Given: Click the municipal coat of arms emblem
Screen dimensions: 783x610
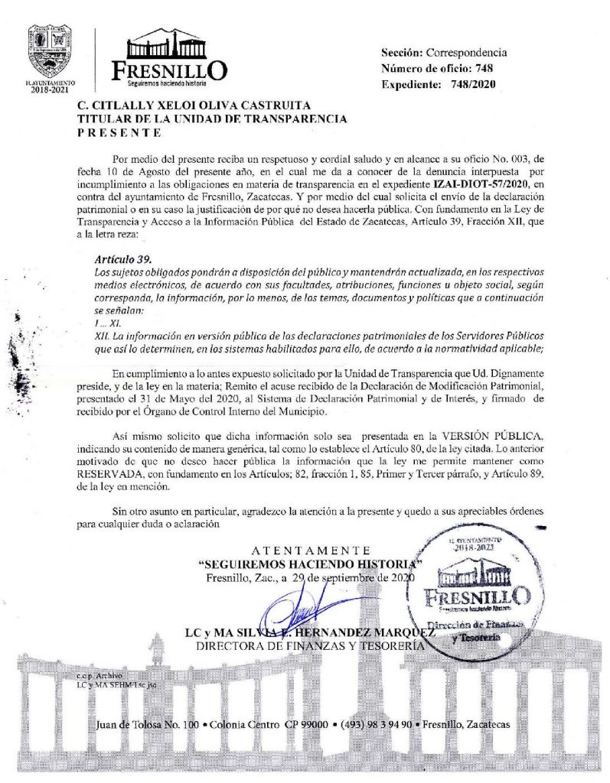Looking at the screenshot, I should click(x=50, y=49).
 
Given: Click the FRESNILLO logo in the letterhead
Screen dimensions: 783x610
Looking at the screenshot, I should click(x=169, y=58).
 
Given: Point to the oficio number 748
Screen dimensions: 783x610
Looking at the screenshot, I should click(x=484, y=68).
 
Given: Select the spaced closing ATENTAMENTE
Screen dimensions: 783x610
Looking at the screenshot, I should click(x=310, y=551).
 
